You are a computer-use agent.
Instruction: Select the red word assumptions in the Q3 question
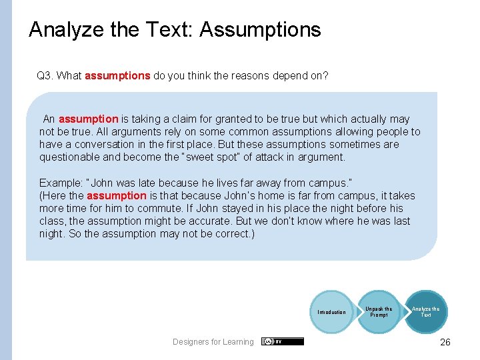(x=117, y=76)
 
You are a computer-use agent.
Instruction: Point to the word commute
(x=155, y=209)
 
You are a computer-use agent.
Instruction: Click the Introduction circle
(x=331, y=312)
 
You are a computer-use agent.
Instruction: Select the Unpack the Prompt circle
(x=379, y=311)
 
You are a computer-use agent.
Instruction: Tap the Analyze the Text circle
(x=425, y=311)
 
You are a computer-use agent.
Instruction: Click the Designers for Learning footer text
(x=213, y=342)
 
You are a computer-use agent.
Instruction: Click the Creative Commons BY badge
(x=283, y=341)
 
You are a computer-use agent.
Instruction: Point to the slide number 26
(x=445, y=342)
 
